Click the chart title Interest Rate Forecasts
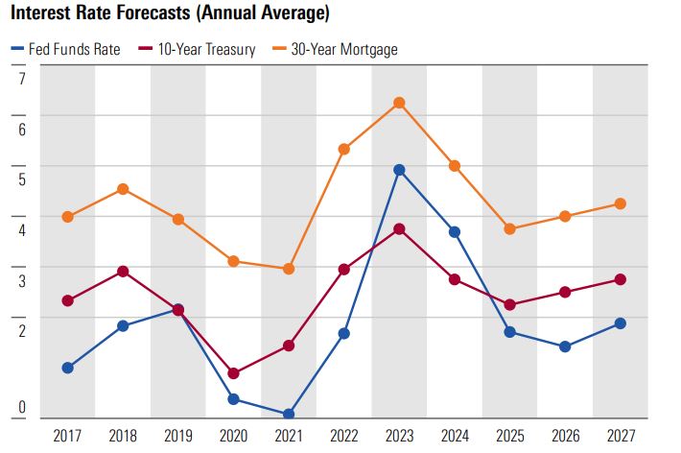(x=171, y=14)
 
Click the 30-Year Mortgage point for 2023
(x=399, y=103)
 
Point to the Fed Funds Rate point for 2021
(x=289, y=415)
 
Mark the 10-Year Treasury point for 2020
(x=233, y=373)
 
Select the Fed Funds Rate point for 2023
(x=399, y=170)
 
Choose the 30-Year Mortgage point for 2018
(x=123, y=189)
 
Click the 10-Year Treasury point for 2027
(x=621, y=279)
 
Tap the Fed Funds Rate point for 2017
(x=67, y=368)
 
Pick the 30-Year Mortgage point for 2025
(x=510, y=228)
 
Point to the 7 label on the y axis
(x=21, y=78)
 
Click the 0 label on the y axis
(x=21, y=408)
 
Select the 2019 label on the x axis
(x=178, y=437)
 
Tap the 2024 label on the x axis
(x=455, y=437)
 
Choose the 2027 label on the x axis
(x=621, y=437)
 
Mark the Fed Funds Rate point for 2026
(x=565, y=346)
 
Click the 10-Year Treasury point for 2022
(x=344, y=270)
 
